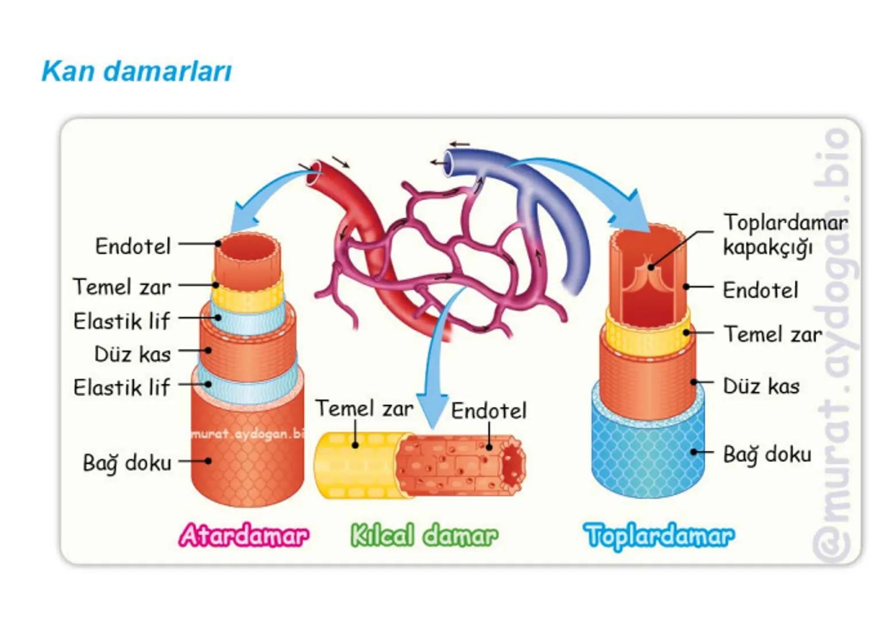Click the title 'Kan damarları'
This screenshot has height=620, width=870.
click(x=137, y=72)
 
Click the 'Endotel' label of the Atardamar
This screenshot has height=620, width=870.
click(x=133, y=246)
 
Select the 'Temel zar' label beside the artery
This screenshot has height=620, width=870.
click(x=122, y=286)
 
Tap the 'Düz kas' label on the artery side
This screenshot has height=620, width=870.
click(x=132, y=354)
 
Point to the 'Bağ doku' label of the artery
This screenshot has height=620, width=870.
click(x=127, y=462)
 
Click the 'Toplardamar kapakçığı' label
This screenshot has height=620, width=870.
click(x=784, y=234)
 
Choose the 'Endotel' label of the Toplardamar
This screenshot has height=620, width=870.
click(x=760, y=290)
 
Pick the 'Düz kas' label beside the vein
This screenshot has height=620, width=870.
click(x=761, y=386)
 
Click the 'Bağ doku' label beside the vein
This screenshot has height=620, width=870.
click(x=767, y=454)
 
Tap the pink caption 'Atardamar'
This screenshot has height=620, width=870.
click(x=244, y=535)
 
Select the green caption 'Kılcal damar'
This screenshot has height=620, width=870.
click(x=424, y=535)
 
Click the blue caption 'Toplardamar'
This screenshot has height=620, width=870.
click(x=659, y=535)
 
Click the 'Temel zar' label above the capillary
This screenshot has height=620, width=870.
click(x=364, y=408)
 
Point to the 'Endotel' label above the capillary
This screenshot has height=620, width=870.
click(x=488, y=410)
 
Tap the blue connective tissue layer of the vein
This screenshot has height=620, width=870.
click(x=648, y=454)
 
